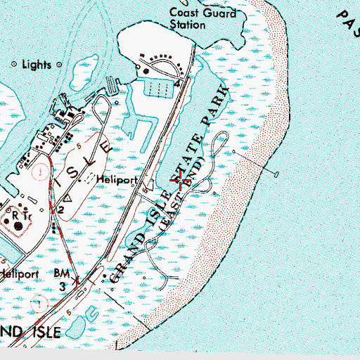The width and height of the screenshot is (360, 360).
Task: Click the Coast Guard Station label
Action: click(x=188, y=19)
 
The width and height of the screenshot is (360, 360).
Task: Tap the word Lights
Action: click(x=36, y=65)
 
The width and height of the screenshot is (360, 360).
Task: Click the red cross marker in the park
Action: click(x=185, y=182)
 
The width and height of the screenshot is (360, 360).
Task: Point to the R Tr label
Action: click(x=14, y=212)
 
